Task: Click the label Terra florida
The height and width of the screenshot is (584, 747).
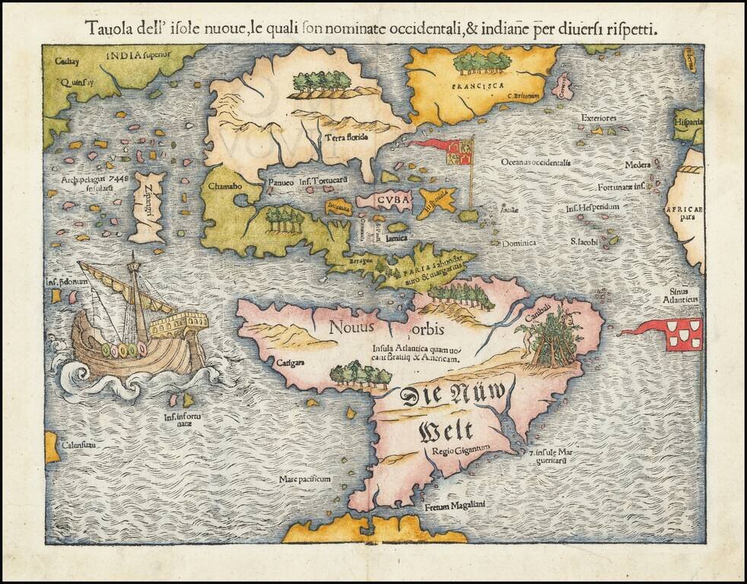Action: pyautogui.click(x=346, y=138)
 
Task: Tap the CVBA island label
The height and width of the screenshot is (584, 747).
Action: pyautogui.click(x=393, y=200)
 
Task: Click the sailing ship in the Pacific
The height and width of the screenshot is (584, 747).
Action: pyautogui.click(x=137, y=327)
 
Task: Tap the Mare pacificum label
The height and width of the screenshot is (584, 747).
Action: pyautogui.click(x=304, y=479)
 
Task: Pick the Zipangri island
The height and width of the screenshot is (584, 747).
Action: pyautogui.click(x=149, y=206)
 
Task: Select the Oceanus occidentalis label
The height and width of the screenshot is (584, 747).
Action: pyautogui.click(x=536, y=162)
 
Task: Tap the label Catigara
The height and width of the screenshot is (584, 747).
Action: pyautogui.click(x=291, y=363)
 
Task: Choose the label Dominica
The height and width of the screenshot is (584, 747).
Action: pyautogui.click(x=518, y=243)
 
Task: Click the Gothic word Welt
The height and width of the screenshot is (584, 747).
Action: pyautogui.click(x=446, y=430)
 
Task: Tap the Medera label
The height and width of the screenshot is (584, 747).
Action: pyautogui.click(x=637, y=165)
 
